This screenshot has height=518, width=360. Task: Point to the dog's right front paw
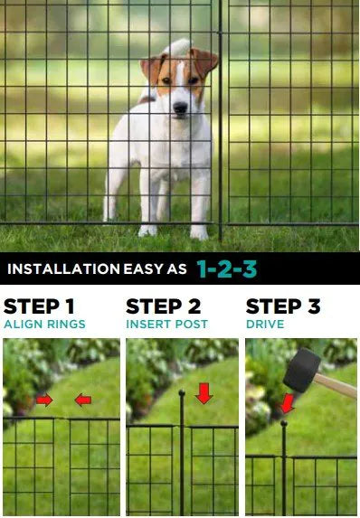(x=147, y=230)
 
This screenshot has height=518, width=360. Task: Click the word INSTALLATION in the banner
(x=62, y=268)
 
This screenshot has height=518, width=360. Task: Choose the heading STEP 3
(x=283, y=306)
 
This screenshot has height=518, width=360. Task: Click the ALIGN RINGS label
(x=45, y=324)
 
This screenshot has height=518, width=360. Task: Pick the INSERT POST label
(x=166, y=324)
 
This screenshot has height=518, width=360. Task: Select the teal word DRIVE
(x=265, y=324)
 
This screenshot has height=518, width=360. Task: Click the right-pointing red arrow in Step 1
(x=44, y=400)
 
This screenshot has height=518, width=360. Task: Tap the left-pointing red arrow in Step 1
(x=82, y=400)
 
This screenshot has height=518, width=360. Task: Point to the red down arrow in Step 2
(x=204, y=393)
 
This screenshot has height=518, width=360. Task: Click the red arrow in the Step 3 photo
(x=287, y=402)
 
